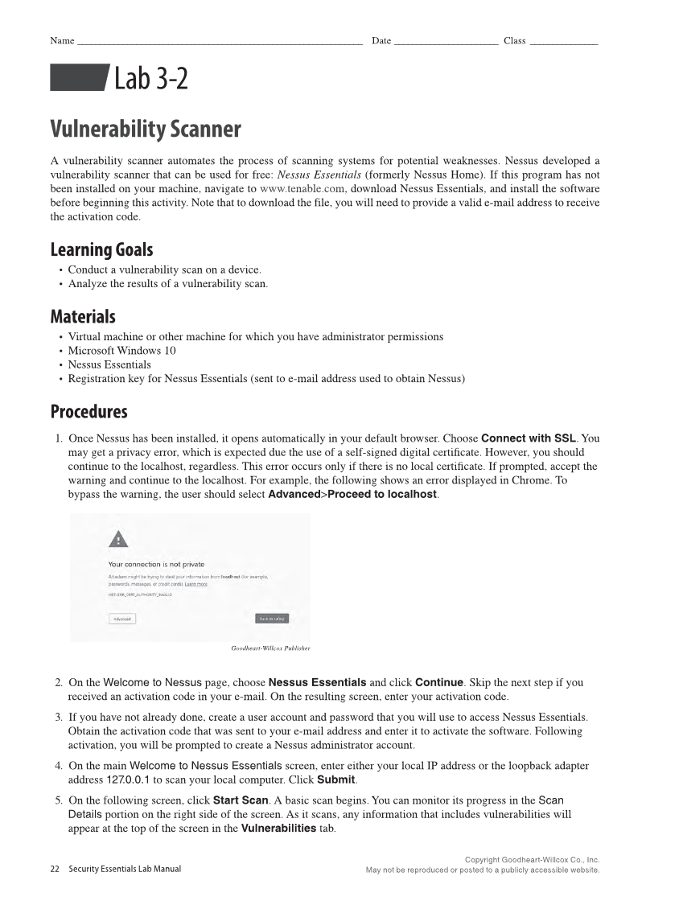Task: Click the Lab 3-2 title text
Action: coord(150,79)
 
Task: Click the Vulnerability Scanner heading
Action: coord(146,130)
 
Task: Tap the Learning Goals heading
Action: coord(101,249)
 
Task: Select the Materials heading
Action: coord(83,316)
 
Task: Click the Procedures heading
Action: coord(88,412)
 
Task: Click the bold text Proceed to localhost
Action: coord(382,493)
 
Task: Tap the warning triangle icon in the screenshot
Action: coord(118,540)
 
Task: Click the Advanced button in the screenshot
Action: coord(122,619)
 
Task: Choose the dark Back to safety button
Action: coord(271,619)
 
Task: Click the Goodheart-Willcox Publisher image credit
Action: coord(270,648)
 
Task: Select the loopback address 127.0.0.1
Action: coord(128,780)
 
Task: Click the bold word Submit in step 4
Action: coord(336,780)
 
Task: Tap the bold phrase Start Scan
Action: coord(241,800)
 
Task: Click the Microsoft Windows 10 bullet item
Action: coord(121,350)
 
